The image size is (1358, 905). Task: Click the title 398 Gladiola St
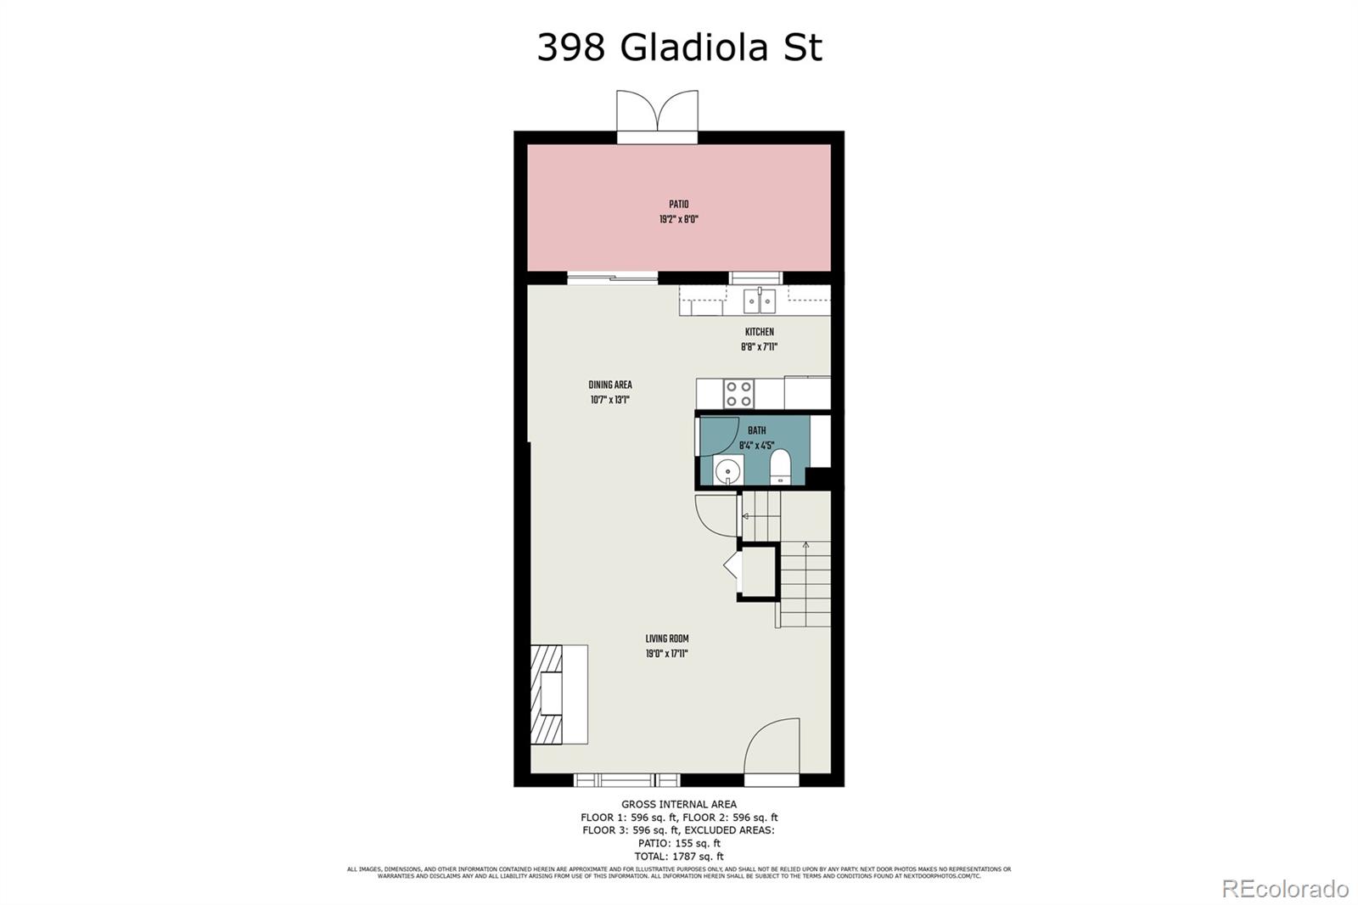click(679, 48)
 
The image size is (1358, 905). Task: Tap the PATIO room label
click(679, 205)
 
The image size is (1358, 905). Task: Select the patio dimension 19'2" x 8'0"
click(679, 219)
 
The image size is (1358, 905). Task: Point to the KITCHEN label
click(759, 332)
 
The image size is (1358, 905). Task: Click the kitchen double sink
click(760, 301)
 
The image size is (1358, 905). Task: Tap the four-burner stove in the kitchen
click(738, 394)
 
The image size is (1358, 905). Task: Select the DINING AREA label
click(610, 385)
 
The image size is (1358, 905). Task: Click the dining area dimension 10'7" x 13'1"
click(610, 400)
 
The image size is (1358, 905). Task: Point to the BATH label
click(756, 430)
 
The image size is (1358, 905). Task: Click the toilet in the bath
click(780, 468)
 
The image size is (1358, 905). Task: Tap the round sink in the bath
click(727, 469)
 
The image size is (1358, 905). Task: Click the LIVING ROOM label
click(667, 638)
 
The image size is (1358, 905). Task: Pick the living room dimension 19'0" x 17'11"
click(667, 654)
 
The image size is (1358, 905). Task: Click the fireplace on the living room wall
click(558, 694)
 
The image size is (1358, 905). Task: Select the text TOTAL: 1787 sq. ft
click(679, 857)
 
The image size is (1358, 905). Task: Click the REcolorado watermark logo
click(1284, 888)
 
